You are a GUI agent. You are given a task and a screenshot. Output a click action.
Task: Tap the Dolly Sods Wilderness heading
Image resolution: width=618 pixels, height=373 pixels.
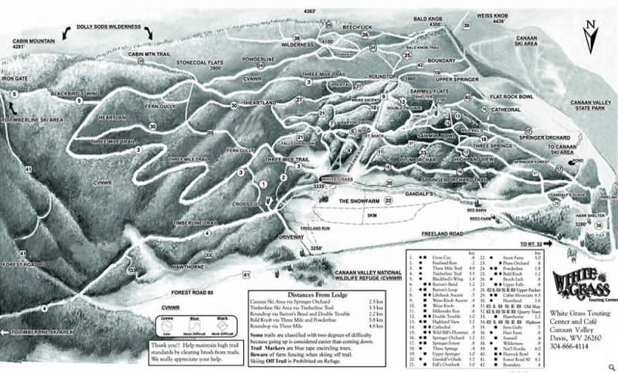click(109, 27)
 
